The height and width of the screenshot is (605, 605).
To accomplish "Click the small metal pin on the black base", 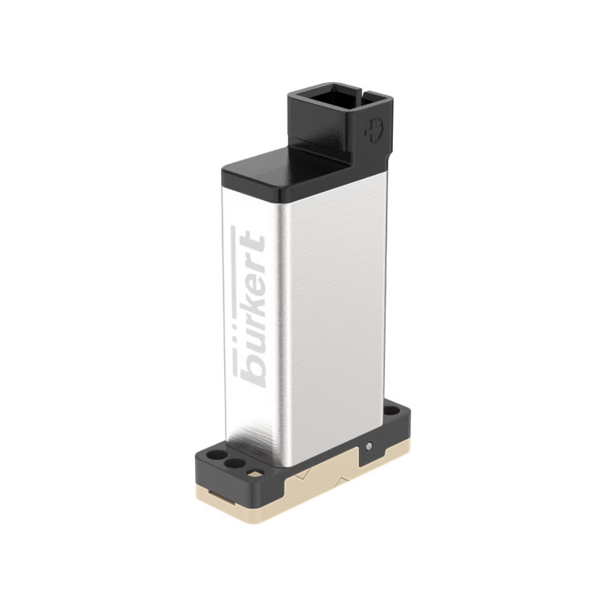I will pyautogui.click(x=369, y=446).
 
